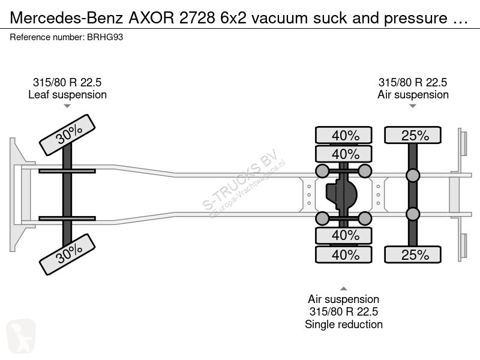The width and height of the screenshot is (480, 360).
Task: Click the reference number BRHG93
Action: [x=105, y=37]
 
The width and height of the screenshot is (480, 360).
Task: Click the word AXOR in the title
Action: [x=151, y=18]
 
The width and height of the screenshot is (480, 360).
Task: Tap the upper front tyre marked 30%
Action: [x=67, y=135]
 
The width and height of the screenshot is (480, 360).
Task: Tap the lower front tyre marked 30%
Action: [x=67, y=254]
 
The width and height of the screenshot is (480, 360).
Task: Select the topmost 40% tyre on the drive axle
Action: [x=344, y=135]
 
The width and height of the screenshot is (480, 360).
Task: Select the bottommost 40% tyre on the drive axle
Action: [x=344, y=254]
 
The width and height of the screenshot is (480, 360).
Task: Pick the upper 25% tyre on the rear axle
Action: [x=413, y=135]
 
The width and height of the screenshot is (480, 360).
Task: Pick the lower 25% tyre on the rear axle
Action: [x=413, y=254]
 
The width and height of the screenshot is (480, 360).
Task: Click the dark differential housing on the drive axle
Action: [x=341, y=194]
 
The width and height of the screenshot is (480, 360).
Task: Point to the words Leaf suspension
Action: [x=67, y=95]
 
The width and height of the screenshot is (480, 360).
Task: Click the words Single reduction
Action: [x=344, y=324]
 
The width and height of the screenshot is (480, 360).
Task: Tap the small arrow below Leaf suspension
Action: [x=67, y=106]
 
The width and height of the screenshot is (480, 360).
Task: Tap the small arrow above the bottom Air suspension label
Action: [x=344, y=289]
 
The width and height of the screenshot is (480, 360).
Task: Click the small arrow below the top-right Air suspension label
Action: [x=413, y=106]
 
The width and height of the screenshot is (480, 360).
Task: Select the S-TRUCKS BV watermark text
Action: [x=241, y=179]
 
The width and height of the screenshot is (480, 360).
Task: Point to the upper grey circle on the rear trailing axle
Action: [x=413, y=175]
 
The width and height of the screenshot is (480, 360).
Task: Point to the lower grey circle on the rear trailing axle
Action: [x=413, y=214]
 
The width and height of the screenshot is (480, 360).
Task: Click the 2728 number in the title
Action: [x=197, y=18]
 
